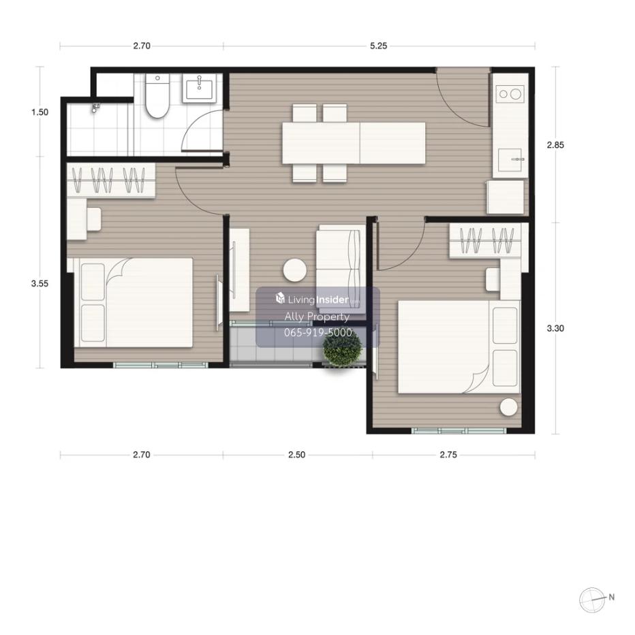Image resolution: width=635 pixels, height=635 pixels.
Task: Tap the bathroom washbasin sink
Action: [x=199, y=86]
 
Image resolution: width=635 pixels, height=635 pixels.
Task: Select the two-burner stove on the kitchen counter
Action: [x=510, y=95]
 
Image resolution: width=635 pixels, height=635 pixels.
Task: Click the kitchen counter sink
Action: [x=510, y=160]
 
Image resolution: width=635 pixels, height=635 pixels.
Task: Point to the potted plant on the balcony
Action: [x=343, y=348]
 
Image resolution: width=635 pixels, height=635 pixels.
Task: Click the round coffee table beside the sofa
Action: [x=295, y=270]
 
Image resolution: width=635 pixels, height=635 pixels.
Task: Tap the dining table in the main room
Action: [x=354, y=143]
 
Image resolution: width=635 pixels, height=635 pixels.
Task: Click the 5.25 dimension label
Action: [x=378, y=46]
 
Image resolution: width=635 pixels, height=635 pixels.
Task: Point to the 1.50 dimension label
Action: [x=40, y=112]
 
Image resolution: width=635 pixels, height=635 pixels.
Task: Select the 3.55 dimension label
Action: [x=40, y=284]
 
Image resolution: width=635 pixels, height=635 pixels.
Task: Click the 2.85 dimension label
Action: [x=555, y=145]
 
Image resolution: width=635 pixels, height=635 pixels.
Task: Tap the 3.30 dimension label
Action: [x=555, y=329]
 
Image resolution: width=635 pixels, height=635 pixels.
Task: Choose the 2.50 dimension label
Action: [x=297, y=455]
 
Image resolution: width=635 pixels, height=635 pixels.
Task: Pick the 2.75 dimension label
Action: [x=448, y=455]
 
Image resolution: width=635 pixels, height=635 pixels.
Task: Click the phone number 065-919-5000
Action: [x=318, y=333]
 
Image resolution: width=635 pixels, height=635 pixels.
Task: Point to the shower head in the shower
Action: [x=95, y=108]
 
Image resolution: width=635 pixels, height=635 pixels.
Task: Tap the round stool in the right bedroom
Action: [x=508, y=407]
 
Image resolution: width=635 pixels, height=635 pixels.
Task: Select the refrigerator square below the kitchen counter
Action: [x=506, y=197]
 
